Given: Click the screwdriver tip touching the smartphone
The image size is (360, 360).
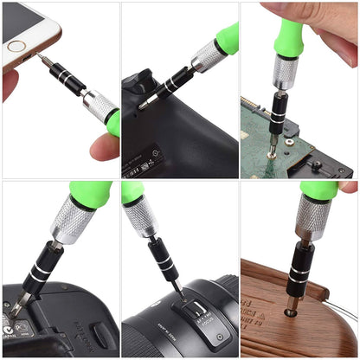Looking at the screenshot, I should (x=38, y=58).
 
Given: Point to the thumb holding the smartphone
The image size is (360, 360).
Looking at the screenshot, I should (x=10, y=82).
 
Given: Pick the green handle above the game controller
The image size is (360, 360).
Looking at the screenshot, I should (x=226, y=38).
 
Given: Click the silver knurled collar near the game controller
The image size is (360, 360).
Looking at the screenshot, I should (x=208, y=56).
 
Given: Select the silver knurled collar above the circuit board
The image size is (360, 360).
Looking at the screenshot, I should (x=285, y=71).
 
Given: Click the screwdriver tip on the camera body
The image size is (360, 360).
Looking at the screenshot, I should (x=16, y=308).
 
